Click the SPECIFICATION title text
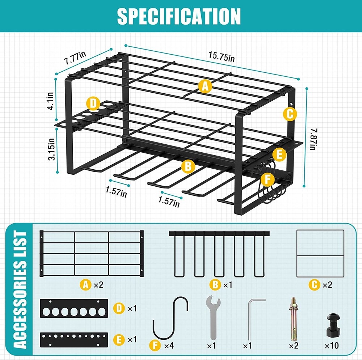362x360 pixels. tap(179, 16)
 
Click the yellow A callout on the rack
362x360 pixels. tap(205, 86)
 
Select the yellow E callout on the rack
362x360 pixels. tap(279, 155)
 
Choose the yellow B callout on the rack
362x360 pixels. tap(188, 166)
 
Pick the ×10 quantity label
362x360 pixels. tap(332, 346)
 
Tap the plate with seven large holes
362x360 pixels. tap(74, 309)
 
